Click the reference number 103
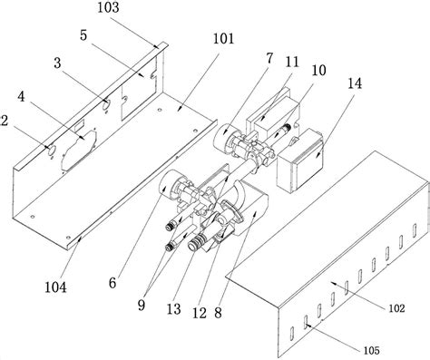tap(108, 7)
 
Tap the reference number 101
tap(224, 39)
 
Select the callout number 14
tap(355, 83)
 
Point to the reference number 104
tap(55, 287)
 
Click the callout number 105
tap(371, 350)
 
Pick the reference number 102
tap(396, 308)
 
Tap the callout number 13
tap(174, 309)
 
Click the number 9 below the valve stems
tap(142, 305)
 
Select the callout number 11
tap(292, 62)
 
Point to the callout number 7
tap(269, 58)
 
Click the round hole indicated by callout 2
tap(51, 150)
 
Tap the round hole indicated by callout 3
tap(106, 104)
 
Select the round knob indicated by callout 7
tap(224, 138)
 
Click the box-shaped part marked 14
tap(299, 161)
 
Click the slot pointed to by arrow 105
tap(306, 323)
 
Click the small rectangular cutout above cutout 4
tap(79, 124)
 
